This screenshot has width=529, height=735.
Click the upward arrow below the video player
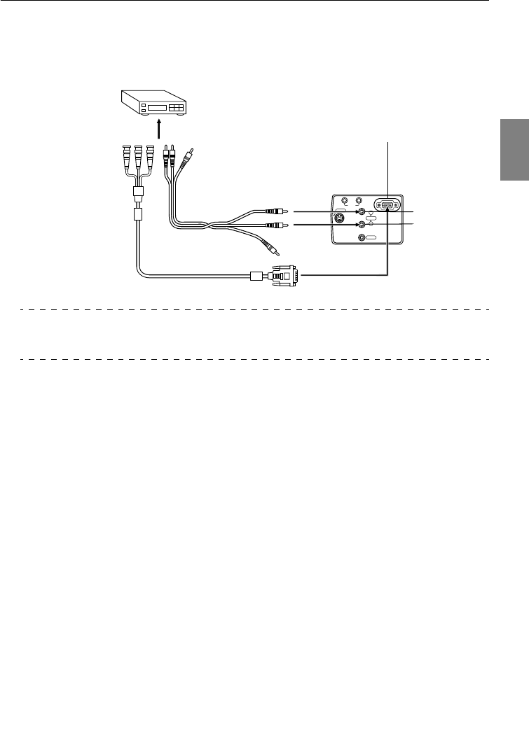click(x=159, y=129)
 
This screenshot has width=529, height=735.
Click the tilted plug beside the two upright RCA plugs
click(x=188, y=155)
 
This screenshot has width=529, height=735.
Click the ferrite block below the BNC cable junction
click(x=138, y=211)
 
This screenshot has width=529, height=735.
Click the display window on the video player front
click(x=160, y=109)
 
